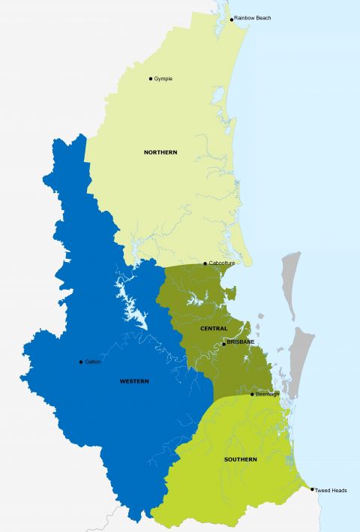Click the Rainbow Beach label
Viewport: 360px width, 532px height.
(x=253, y=17)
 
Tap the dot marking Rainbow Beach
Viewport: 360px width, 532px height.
(x=232, y=19)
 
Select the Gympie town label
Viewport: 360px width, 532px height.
(x=163, y=79)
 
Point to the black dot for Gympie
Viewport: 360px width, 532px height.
(x=151, y=79)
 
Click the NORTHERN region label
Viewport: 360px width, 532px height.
(x=160, y=152)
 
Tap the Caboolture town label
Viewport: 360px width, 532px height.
(x=222, y=263)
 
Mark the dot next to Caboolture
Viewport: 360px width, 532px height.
(x=205, y=263)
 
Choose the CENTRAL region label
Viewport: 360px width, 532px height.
(x=214, y=329)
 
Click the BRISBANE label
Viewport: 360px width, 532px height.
(x=241, y=342)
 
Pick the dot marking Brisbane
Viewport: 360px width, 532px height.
(x=223, y=344)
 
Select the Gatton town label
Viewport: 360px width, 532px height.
(x=93, y=362)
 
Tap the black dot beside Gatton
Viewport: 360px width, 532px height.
(x=81, y=362)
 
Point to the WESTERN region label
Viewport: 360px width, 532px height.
(x=134, y=381)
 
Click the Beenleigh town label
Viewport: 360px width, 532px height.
(x=267, y=394)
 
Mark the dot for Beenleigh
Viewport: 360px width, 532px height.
(x=252, y=394)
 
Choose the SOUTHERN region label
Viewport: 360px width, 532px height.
(x=240, y=459)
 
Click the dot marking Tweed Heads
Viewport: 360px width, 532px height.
(x=312, y=489)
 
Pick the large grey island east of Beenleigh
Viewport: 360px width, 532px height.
(x=301, y=360)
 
